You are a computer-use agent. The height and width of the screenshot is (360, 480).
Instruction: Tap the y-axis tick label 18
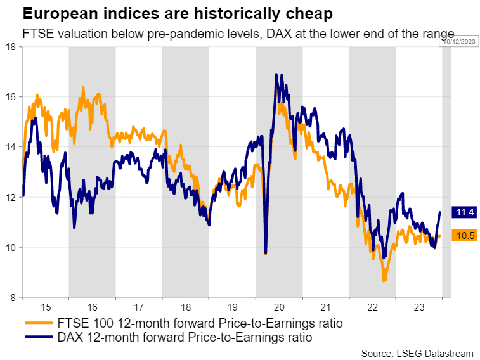click(11, 46)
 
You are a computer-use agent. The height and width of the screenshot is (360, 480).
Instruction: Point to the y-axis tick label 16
click(11, 96)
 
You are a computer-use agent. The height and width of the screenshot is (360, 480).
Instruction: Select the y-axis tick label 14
click(11, 146)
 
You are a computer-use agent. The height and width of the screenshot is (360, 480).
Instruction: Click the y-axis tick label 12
click(11, 197)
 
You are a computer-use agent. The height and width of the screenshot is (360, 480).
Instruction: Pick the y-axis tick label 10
click(11, 247)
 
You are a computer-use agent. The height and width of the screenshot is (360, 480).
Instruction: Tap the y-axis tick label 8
click(13, 297)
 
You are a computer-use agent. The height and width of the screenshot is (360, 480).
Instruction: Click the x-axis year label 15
click(45, 307)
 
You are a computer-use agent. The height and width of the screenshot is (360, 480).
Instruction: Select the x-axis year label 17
click(138, 307)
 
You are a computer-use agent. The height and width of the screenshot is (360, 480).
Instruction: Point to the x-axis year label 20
click(278, 307)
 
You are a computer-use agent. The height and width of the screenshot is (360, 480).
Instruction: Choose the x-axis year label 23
click(418, 307)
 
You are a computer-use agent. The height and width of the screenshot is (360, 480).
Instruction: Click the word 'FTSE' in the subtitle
click(36, 34)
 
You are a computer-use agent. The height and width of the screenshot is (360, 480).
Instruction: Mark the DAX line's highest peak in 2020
click(276, 74)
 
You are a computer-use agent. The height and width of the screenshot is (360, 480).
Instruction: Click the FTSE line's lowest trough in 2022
click(384, 281)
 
